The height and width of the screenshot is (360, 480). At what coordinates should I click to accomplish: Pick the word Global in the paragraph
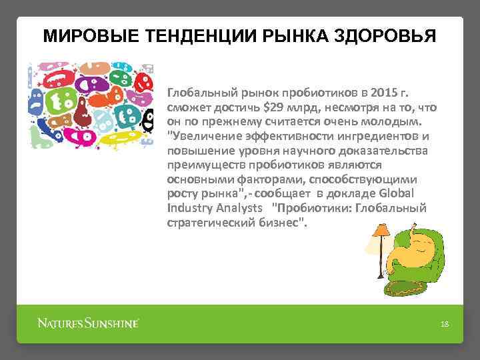point(398,194)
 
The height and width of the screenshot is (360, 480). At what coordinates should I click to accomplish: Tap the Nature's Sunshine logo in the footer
point(87,323)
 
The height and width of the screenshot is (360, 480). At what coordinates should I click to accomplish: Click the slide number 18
point(445,324)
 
